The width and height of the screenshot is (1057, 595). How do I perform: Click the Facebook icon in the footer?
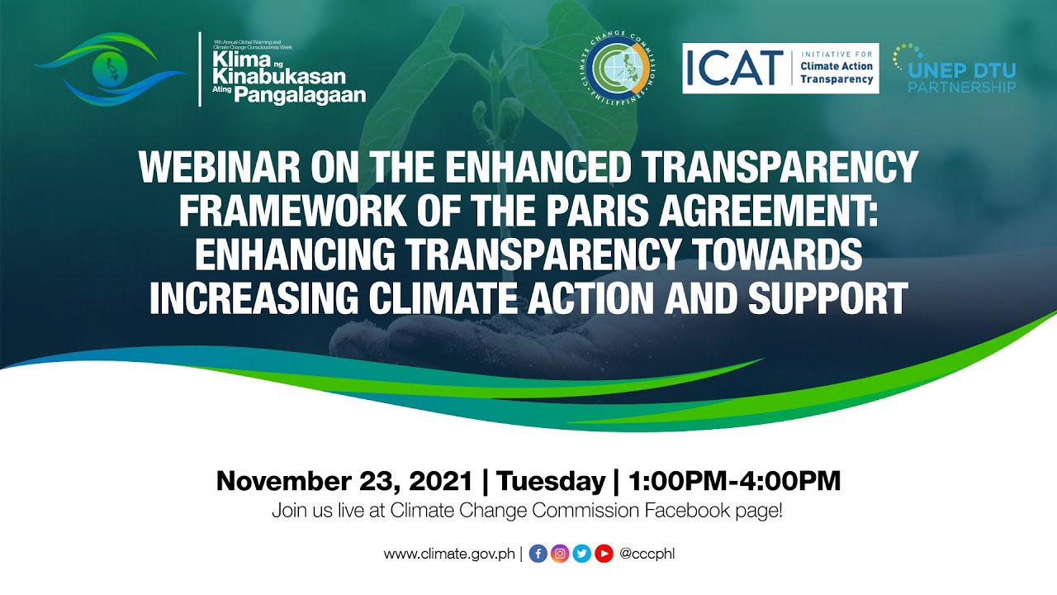tap(538, 554)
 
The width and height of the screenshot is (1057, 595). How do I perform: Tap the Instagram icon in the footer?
tap(560, 554)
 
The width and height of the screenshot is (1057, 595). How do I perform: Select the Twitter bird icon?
tap(581, 554)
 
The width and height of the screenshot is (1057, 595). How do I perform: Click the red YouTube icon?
tap(604, 554)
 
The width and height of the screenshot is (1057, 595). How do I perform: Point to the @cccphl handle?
tap(647, 554)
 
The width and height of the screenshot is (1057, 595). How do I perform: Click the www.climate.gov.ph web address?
tap(449, 554)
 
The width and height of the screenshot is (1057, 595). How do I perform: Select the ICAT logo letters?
tap(733, 68)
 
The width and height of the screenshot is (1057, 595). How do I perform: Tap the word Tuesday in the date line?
tap(551, 481)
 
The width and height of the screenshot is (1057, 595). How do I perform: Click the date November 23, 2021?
tap(344, 481)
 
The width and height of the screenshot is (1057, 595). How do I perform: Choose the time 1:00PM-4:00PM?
tap(734, 481)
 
